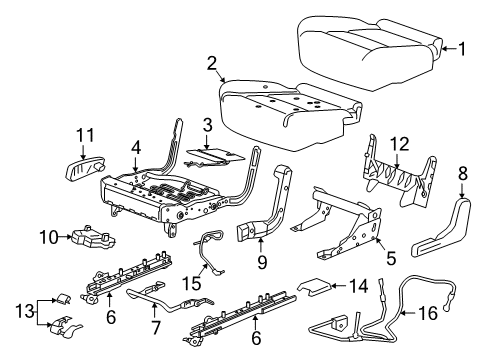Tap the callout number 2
pyautogui.click(x=211, y=65)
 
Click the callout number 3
pyautogui.click(x=206, y=125)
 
